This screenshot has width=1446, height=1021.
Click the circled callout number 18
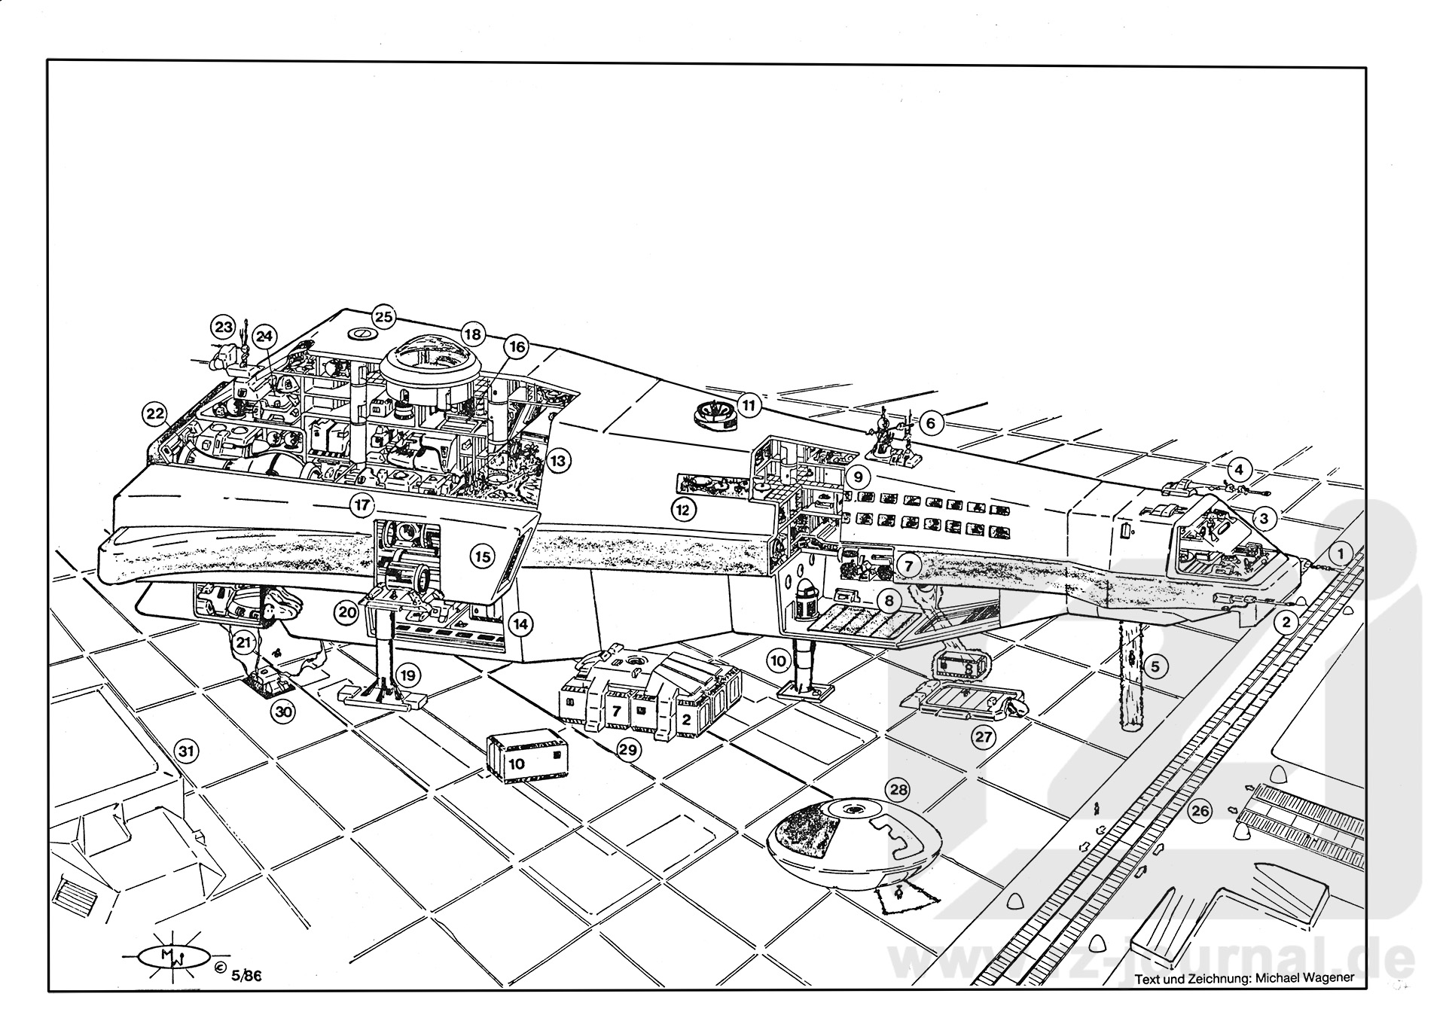(472, 334)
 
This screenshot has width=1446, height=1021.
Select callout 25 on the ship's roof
(384, 317)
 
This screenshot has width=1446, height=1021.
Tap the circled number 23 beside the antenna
(223, 328)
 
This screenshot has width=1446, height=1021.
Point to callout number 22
(155, 413)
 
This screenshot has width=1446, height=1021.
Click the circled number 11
(749, 405)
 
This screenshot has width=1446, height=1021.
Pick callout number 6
(931, 423)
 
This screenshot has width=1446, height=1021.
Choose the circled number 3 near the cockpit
(1264, 518)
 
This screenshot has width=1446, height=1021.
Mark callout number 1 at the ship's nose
(1341, 554)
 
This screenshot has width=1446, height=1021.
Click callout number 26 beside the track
(1200, 811)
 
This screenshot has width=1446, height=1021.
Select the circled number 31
(186, 751)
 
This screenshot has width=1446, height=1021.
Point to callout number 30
(282, 712)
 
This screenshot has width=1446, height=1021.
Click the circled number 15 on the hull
(482, 556)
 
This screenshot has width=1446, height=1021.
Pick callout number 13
(557, 460)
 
